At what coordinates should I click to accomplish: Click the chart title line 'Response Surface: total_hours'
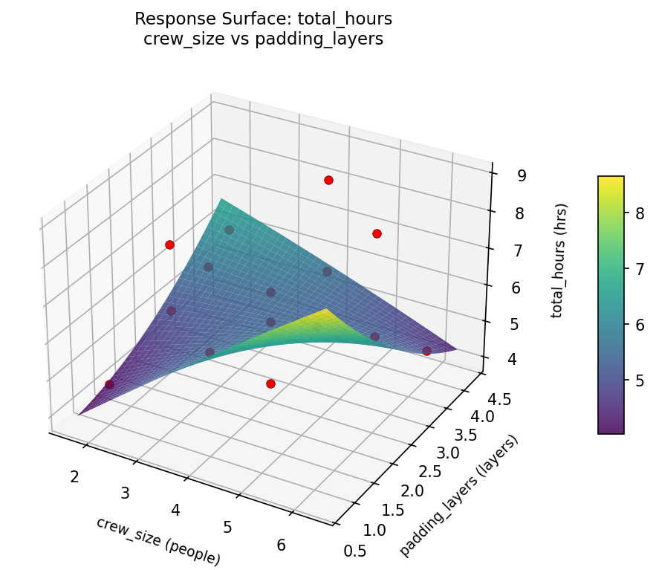click(x=263, y=19)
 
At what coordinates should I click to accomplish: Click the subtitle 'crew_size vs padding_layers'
click(x=263, y=39)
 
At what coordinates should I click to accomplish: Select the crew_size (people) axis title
click(x=157, y=540)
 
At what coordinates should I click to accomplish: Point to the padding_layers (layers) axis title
click(x=458, y=496)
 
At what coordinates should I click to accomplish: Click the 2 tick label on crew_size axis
click(x=74, y=476)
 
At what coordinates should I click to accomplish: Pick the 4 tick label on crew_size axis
click(x=176, y=510)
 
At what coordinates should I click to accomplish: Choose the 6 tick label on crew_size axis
click(x=282, y=545)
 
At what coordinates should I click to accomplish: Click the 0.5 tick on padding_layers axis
click(x=356, y=551)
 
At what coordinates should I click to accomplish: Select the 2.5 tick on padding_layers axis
click(x=429, y=471)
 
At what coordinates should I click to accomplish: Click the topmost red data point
click(x=328, y=181)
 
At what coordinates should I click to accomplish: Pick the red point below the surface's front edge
click(x=270, y=383)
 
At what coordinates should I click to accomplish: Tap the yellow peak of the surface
click(x=325, y=311)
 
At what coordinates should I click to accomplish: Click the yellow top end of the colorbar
click(x=611, y=180)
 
